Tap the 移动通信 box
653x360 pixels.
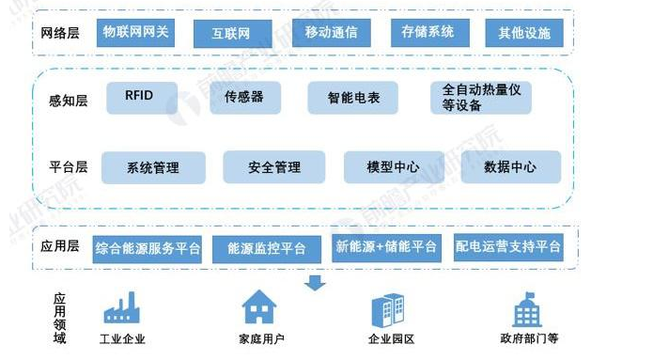click(325, 33)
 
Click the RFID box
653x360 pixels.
click(138, 95)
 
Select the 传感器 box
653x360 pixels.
click(243, 96)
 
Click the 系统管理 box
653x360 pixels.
click(152, 168)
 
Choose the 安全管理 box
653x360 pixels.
click(273, 167)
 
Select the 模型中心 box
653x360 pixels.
click(393, 167)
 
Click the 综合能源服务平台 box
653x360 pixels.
click(148, 248)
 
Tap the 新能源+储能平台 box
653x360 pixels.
click(386, 247)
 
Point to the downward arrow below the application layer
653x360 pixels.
click(316, 280)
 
